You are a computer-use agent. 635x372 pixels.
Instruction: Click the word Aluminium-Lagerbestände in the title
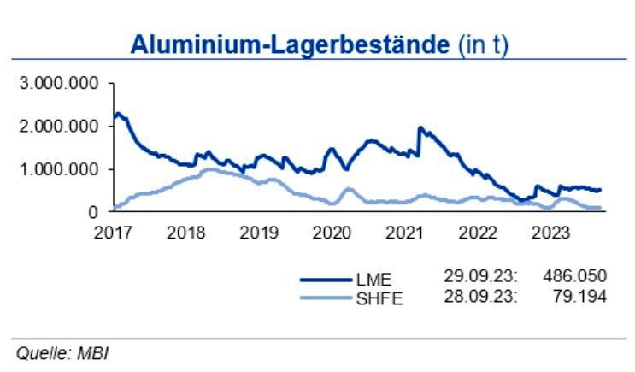289,45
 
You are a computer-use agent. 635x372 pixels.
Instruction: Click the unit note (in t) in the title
482,45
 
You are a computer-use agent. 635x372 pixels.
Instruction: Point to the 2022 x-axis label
479,231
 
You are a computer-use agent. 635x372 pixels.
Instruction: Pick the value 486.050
575,276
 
